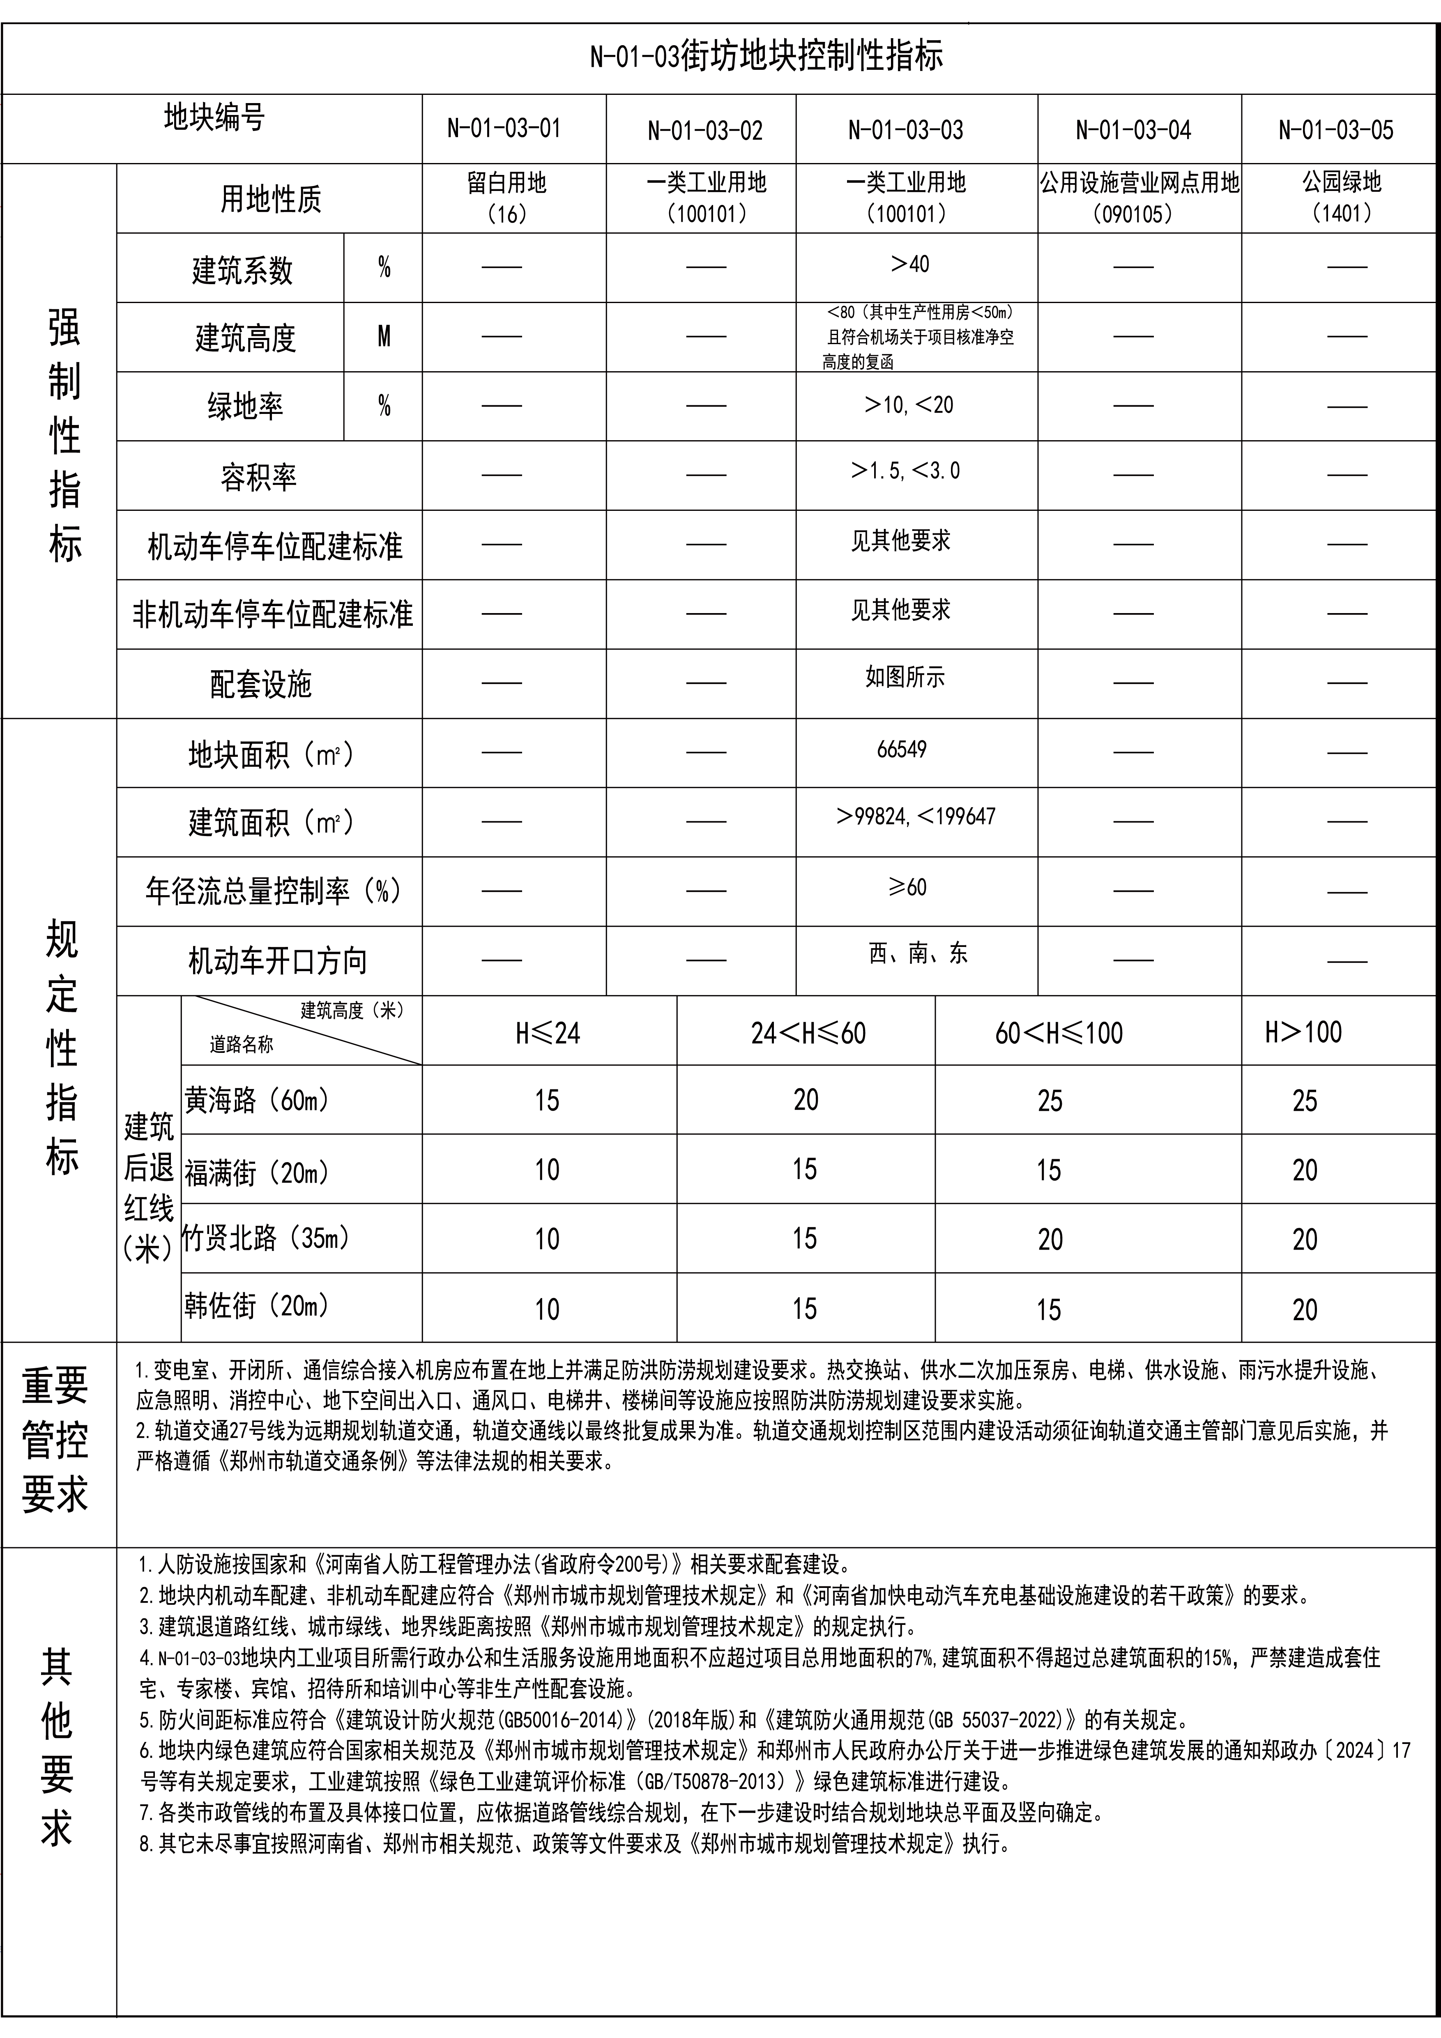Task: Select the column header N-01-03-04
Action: tap(1133, 131)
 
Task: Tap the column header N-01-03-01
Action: tap(504, 129)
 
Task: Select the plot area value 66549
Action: tap(901, 750)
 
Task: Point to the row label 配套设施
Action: tap(261, 685)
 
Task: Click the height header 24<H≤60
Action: tap(808, 1033)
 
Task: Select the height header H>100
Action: tap(1303, 1032)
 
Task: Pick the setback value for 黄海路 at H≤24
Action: tap(547, 1101)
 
